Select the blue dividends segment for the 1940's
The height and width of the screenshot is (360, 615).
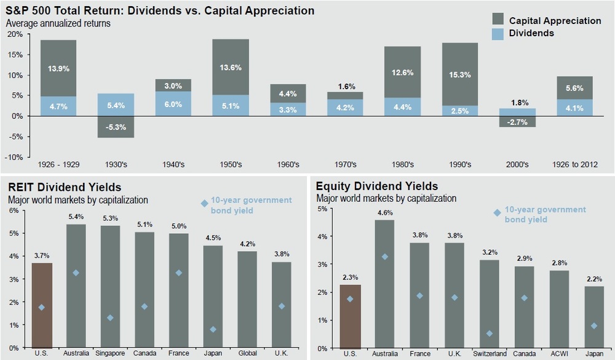click(x=173, y=103)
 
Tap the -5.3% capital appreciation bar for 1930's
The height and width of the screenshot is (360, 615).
click(x=116, y=127)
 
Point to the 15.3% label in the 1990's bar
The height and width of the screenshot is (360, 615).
click(x=459, y=74)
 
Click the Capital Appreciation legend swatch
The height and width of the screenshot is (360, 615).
click(x=499, y=20)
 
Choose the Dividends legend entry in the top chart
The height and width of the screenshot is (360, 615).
click(x=531, y=33)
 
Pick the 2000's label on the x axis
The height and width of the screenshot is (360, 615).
click(x=517, y=164)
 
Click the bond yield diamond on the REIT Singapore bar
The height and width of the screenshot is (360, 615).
click(x=110, y=318)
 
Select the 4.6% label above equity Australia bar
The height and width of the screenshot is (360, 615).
click(x=385, y=212)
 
